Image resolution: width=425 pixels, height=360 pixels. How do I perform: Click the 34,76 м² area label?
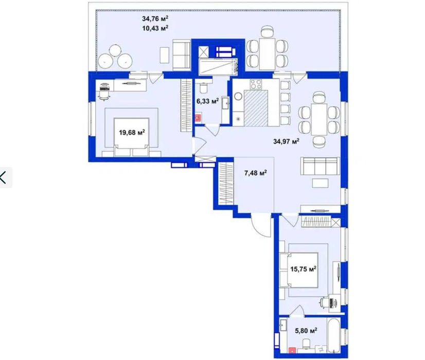[155, 19]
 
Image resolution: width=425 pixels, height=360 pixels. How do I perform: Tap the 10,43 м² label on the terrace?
[155, 28]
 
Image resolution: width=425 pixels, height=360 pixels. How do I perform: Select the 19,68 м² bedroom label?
[132, 133]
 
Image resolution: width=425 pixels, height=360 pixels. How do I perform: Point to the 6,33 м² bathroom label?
[208, 101]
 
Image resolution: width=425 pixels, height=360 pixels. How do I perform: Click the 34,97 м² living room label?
[286, 141]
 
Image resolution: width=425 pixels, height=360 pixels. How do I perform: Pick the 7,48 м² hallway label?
[256, 173]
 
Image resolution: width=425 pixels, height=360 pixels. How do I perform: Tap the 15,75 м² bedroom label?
[303, 269]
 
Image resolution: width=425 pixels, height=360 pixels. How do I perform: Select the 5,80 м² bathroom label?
[306, 331]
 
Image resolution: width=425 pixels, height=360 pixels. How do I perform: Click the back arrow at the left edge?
[3, 178]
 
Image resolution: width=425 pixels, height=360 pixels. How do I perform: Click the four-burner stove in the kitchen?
[256, 84]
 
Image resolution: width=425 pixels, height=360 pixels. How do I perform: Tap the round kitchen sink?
[239, 97]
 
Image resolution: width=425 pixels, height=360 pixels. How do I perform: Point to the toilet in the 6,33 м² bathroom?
[203, 87]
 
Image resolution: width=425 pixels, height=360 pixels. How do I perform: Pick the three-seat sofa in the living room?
[320, 166]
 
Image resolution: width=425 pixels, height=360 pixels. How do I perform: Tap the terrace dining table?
[267, 54]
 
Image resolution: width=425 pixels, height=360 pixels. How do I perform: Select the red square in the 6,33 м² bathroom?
[198, 118]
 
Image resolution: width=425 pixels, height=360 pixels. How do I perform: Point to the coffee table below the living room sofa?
[320, 183]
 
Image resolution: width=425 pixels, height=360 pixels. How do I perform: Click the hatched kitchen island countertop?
[256, 109]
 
